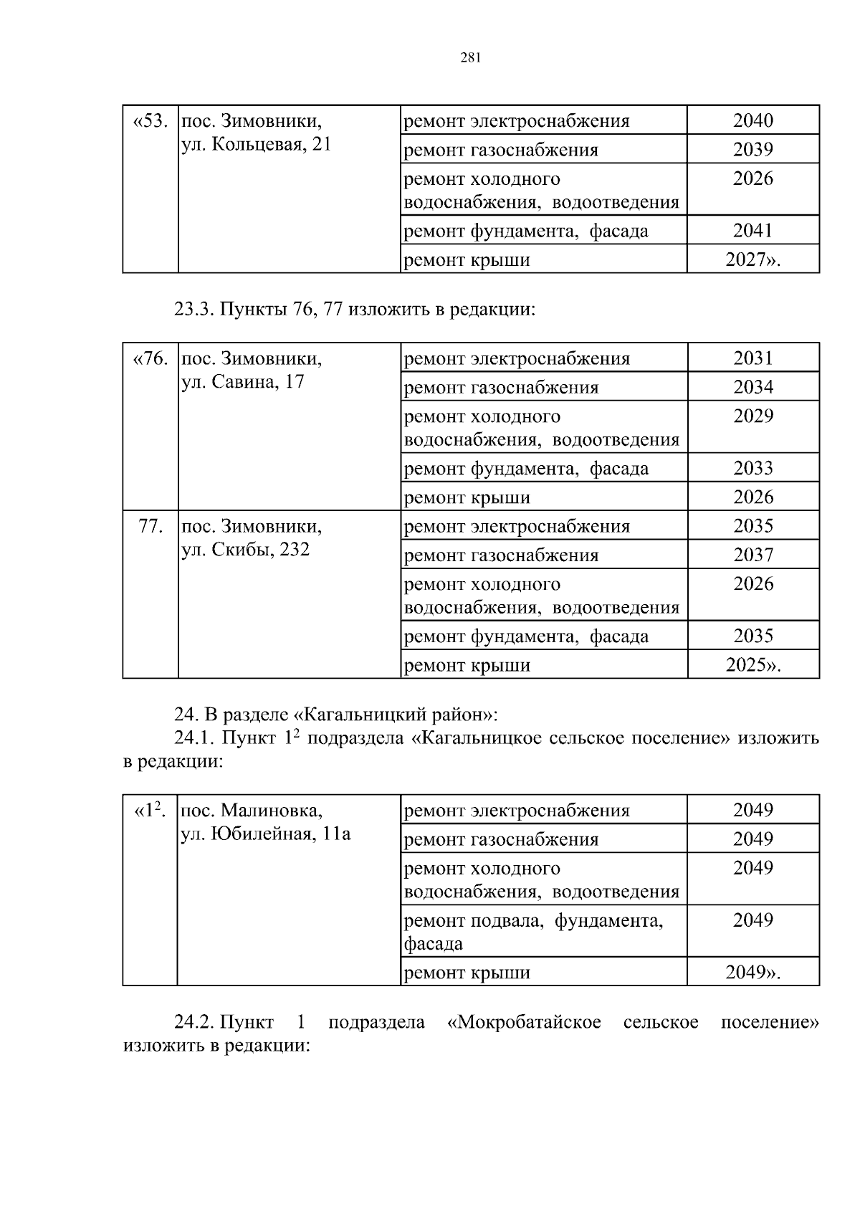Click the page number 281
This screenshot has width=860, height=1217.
(470, 58)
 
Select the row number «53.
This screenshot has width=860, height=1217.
(150, 120)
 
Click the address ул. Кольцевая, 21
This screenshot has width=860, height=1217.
(256, 144)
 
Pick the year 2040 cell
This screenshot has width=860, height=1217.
(752, 120)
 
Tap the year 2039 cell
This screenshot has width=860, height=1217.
(752, 150)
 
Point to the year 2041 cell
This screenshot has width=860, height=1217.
(752, 230)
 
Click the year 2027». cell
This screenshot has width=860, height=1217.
(752, 259)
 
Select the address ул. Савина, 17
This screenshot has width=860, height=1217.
(242, 381)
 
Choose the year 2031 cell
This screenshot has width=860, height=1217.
(752, 358)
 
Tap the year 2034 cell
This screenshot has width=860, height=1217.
(752, 387)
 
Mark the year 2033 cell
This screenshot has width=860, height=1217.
(752, 468)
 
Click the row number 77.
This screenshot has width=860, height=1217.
(150, 526)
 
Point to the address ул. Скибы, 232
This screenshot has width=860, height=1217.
(245, 550)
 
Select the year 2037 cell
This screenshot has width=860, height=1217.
(752, 555)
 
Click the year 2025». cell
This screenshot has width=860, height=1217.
(752, 665)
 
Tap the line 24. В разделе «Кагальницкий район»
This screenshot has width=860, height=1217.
(335, 715)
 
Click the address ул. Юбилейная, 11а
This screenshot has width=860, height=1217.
(266, 834)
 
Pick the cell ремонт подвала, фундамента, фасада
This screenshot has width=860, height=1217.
(534, 931)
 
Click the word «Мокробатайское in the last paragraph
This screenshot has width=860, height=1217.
(523, 1022)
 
